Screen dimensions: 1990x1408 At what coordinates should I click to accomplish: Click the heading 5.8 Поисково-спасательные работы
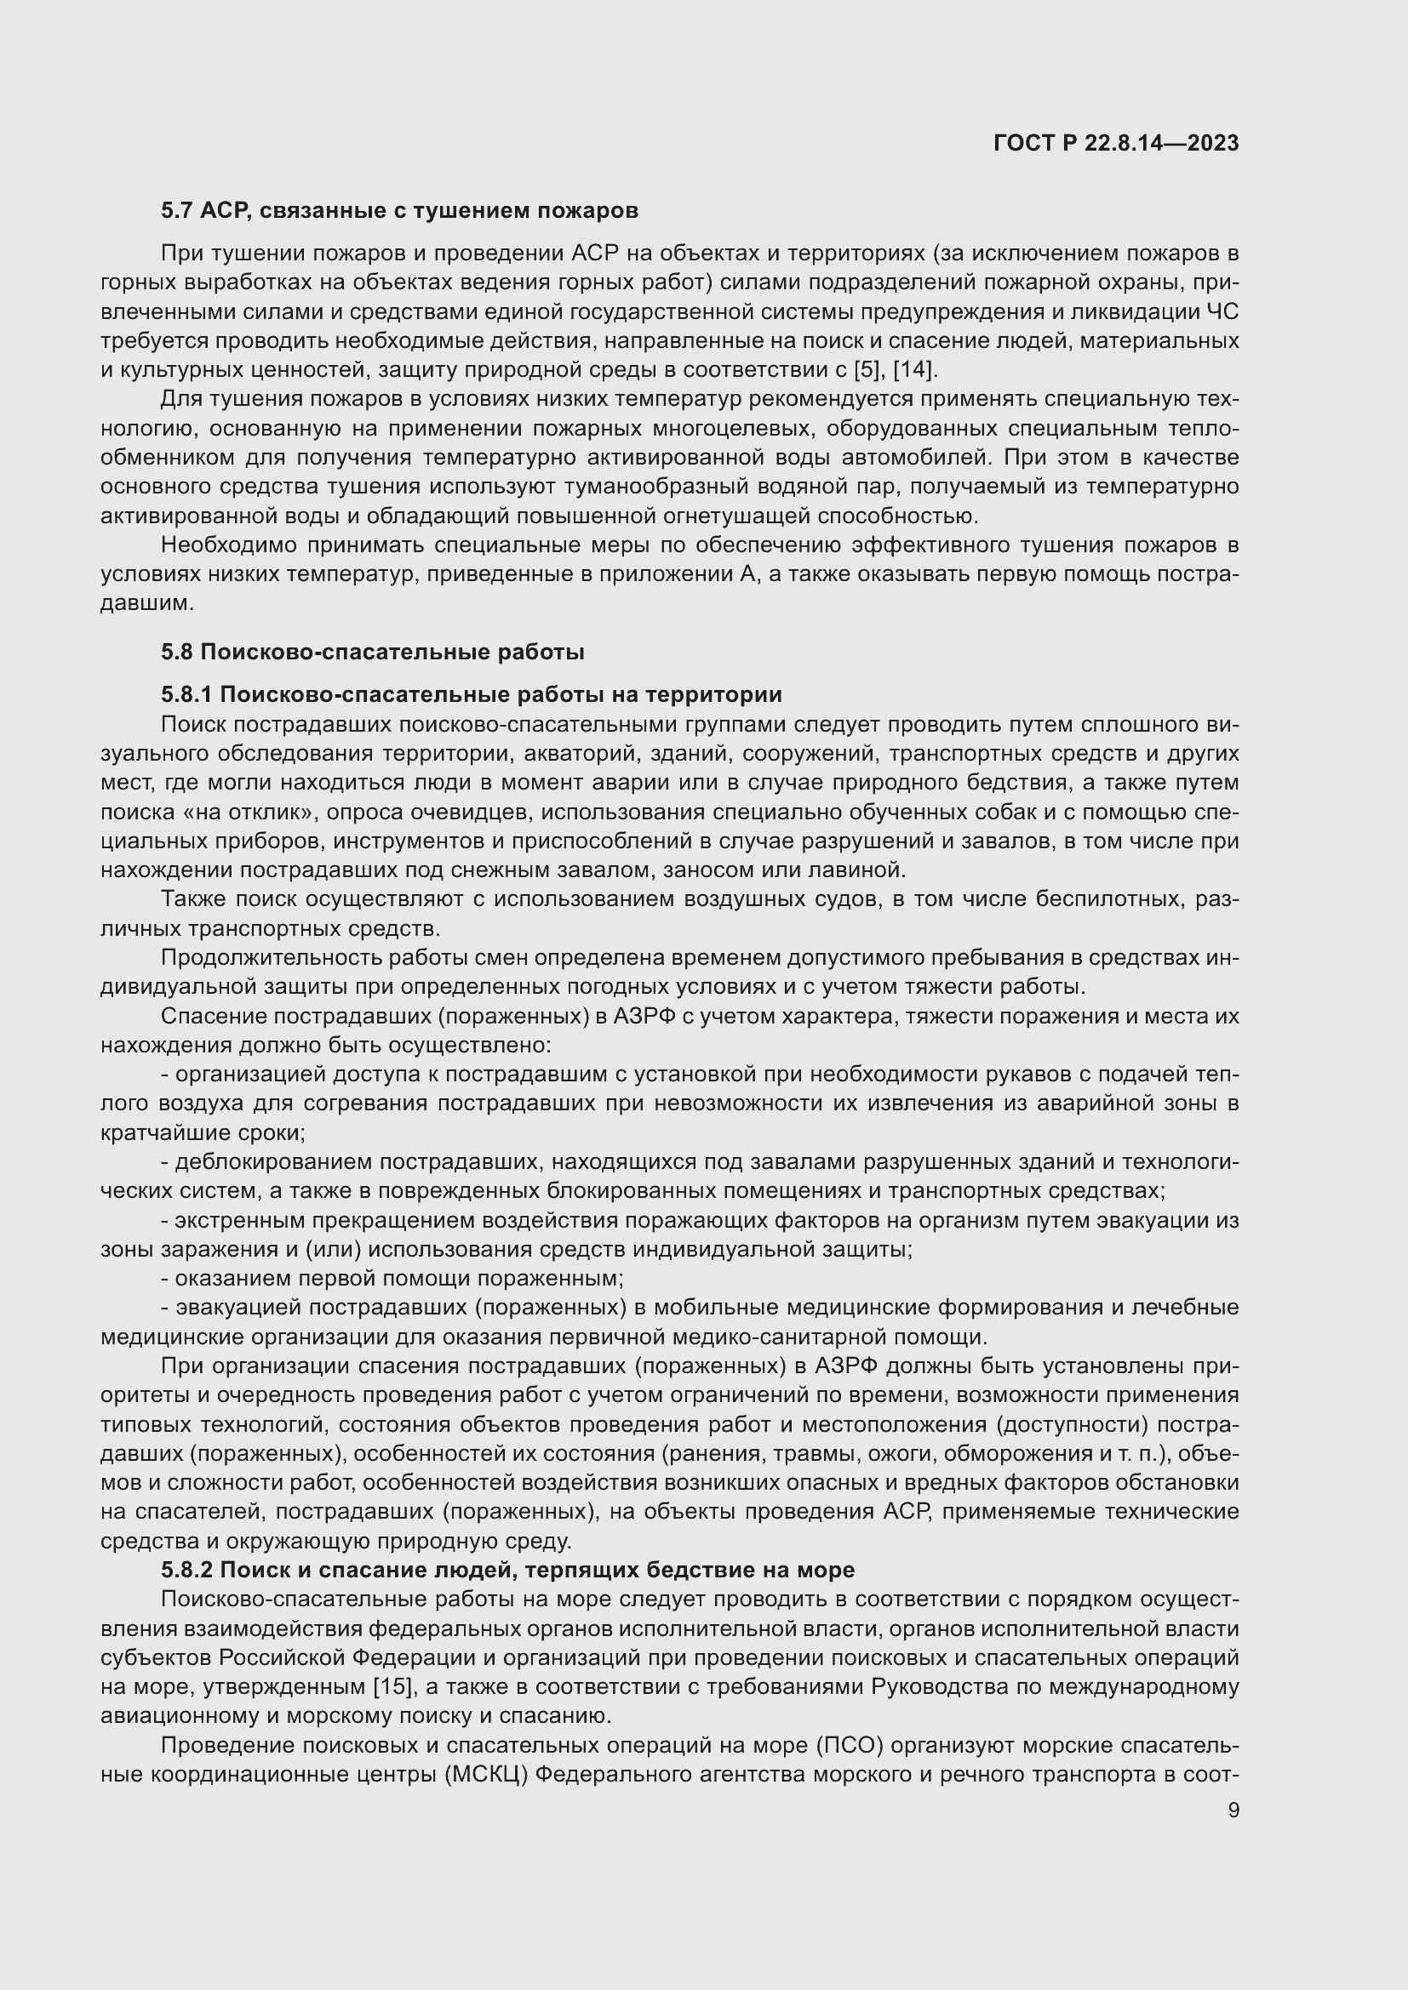tap(372, 652)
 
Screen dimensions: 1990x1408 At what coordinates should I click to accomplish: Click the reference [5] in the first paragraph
tap(864, 370)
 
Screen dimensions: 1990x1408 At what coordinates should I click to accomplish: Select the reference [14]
tap(914, 370)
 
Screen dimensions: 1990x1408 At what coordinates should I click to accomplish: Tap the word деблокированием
tap(272, 1161)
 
